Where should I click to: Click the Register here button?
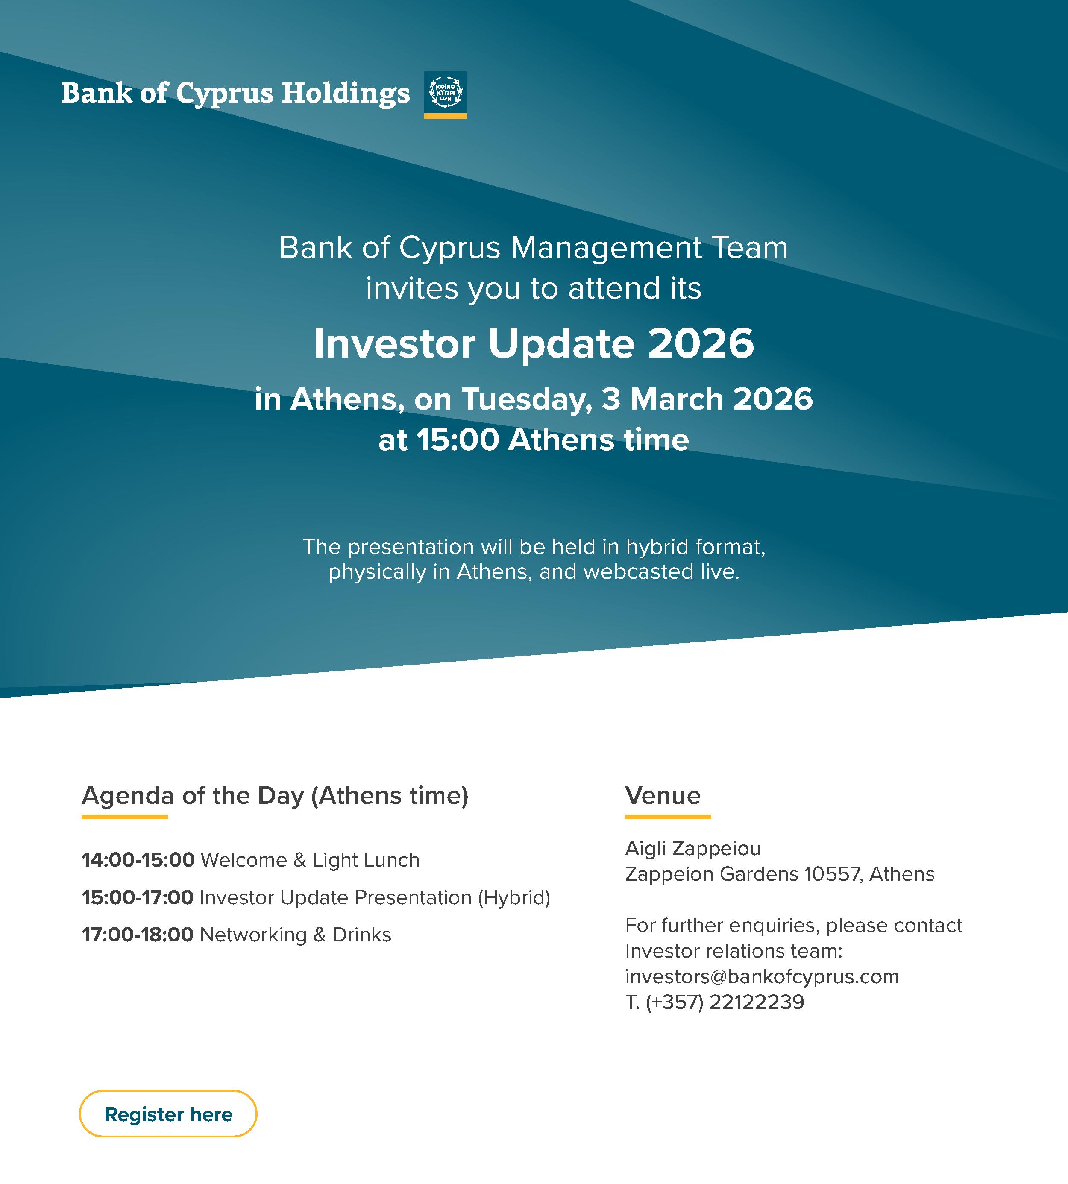168,1114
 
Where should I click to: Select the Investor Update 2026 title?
534,343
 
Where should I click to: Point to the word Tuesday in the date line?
526,399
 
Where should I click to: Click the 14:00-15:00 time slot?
138,860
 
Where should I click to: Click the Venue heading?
663,796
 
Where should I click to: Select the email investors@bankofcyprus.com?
762,976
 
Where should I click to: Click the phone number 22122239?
757,1002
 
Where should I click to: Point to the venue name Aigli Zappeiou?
692,848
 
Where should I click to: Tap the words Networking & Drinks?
295,935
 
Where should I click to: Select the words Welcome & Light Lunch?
310,860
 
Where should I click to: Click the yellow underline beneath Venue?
667,817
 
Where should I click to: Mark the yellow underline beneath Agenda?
124,817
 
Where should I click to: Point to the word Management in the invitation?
606,248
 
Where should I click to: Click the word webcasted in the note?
639,572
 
